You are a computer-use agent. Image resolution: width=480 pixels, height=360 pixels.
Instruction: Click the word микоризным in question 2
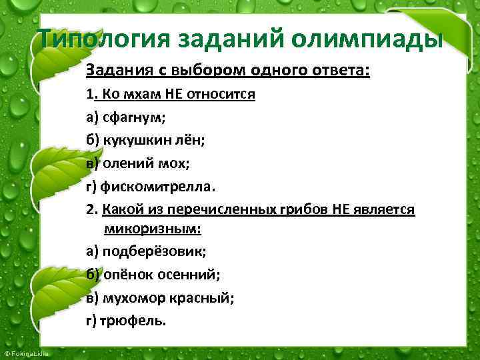click(x=153, y=228)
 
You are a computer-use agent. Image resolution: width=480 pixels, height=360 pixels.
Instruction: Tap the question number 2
click(x=91, y=210)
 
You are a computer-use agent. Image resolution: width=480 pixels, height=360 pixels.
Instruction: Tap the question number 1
click(x=90, y=94)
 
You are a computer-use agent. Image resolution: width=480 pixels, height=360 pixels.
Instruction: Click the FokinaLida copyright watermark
click(x=23, y=352)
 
